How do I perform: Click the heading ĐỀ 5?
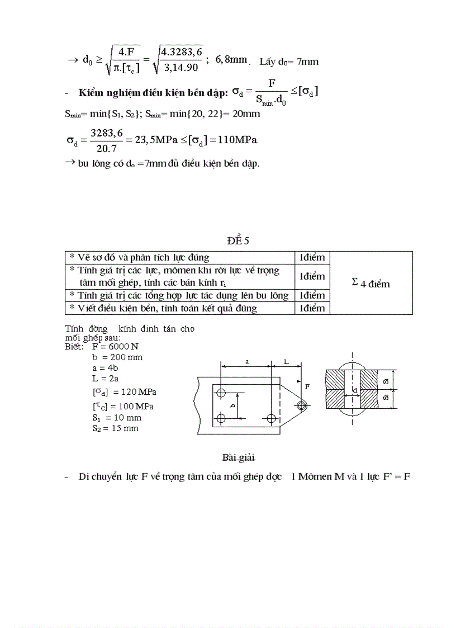click(x=237, y=241)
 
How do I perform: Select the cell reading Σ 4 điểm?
click(x=370, y=283)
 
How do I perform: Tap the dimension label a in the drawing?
click(x=247, y=361)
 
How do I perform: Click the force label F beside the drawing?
click(x=307, y=386)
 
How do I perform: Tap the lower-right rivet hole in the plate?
click(x=272, y=418)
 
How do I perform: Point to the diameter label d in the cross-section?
click(x=355, y=389)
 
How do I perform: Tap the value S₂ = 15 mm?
click(x=116, y=428)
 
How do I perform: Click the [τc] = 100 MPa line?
click(x=123, y=406)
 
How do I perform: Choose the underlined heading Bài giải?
click(x=238, y=458)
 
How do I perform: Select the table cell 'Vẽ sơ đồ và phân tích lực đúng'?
click(x=139, y=257)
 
